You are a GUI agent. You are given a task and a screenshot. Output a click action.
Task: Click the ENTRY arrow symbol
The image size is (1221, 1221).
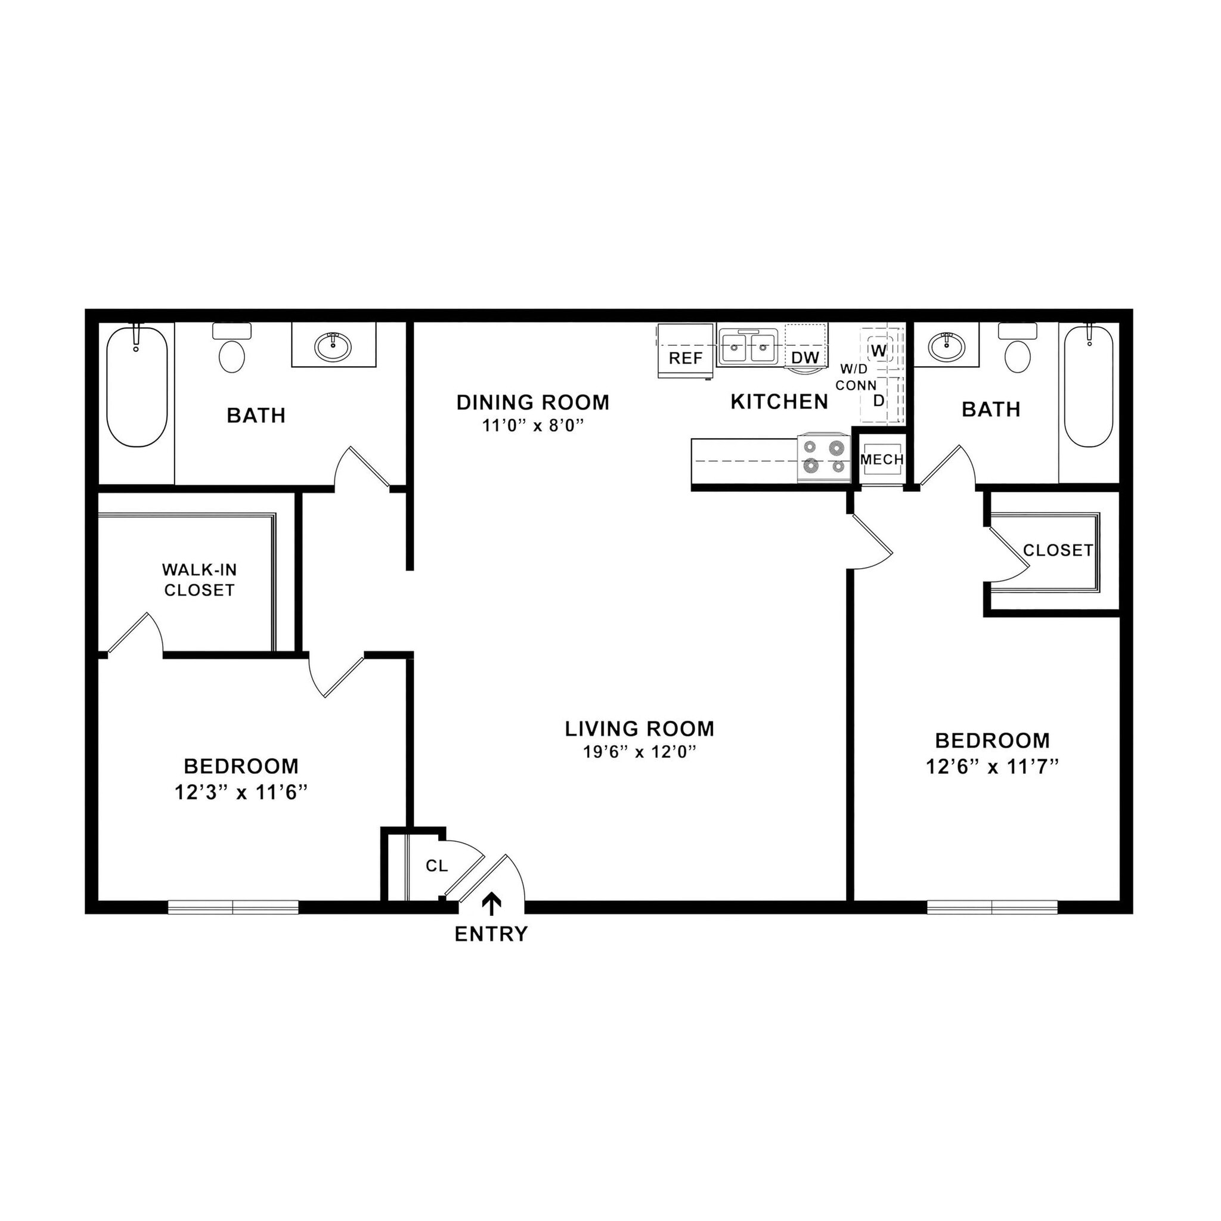[492, 904]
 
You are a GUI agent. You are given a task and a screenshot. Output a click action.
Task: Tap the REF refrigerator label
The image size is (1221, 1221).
[686, 358]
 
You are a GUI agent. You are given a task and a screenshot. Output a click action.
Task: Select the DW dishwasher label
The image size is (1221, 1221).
[805, 358]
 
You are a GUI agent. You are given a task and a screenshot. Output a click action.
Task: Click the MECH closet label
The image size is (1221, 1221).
[882, 460]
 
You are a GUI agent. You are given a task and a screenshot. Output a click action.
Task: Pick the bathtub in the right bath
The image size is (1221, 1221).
[1089, 386]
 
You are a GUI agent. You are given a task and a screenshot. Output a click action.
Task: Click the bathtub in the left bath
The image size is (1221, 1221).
[137, 386]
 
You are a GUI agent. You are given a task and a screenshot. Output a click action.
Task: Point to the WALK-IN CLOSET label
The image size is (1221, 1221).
[199, 579]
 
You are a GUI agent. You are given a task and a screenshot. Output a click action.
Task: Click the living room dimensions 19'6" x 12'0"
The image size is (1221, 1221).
[639, 752]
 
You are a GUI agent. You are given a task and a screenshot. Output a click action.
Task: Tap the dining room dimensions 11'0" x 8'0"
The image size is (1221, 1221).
[532, 426]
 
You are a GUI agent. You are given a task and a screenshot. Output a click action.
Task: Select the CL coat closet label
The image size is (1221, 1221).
[436, 866]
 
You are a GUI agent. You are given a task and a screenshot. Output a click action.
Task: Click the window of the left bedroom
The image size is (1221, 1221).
[233, 907]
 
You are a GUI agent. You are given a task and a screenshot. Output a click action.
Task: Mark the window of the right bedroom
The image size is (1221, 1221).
[992, 907]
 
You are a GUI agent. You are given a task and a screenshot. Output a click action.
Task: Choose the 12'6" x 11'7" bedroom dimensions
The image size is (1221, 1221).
[991, 767]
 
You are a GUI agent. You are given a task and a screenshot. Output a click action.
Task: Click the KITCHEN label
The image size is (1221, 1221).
[779, 402]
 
